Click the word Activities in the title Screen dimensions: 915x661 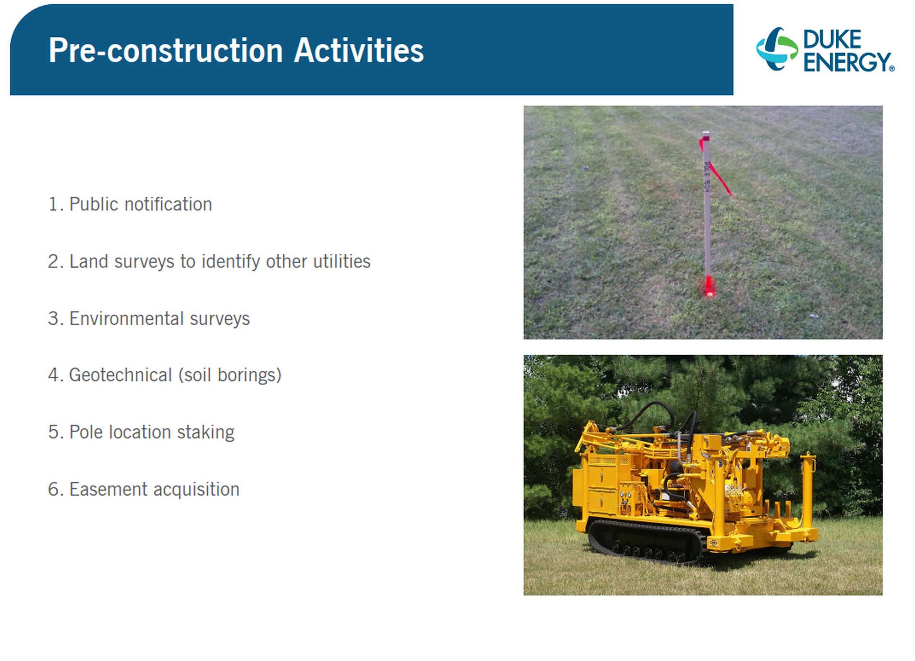[359, 50]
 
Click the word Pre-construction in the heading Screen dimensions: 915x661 [165, 50]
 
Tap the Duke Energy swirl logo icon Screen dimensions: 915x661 [777, 49]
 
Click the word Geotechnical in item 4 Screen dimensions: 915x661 [121, 375]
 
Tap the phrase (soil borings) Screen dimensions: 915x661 [229, 375]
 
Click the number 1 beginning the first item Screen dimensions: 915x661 [53, 204]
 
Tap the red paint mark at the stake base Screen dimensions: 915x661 [708, 287]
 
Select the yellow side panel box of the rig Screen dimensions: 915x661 [601, 484]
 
